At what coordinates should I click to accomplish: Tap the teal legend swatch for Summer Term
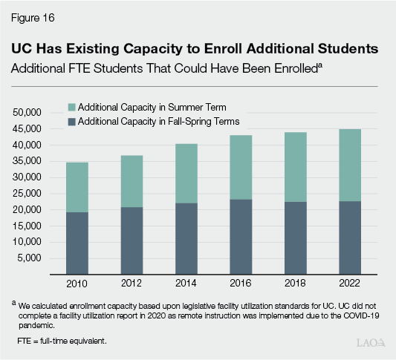71,107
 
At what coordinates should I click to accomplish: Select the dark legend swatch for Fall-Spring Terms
71,120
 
